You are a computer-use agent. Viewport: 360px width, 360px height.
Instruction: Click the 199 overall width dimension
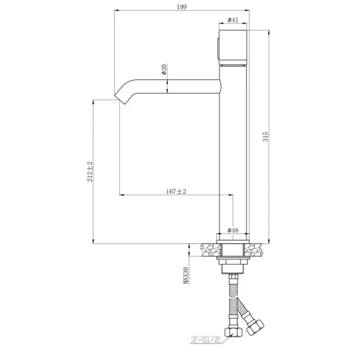click(182, 7)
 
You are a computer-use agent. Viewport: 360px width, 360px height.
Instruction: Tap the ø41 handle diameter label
click(233, 20)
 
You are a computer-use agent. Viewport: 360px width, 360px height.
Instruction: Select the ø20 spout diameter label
click(164, 69)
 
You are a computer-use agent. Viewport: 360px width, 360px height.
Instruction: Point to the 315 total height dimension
click(266, 137)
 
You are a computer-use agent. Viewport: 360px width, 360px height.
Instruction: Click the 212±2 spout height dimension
click(90, 172)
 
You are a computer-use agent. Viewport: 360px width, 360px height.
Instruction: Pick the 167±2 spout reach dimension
click(176, 191)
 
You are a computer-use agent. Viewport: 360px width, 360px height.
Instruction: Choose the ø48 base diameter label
click(233, 230)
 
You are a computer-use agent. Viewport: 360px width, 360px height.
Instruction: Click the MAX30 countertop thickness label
click(186, 276)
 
